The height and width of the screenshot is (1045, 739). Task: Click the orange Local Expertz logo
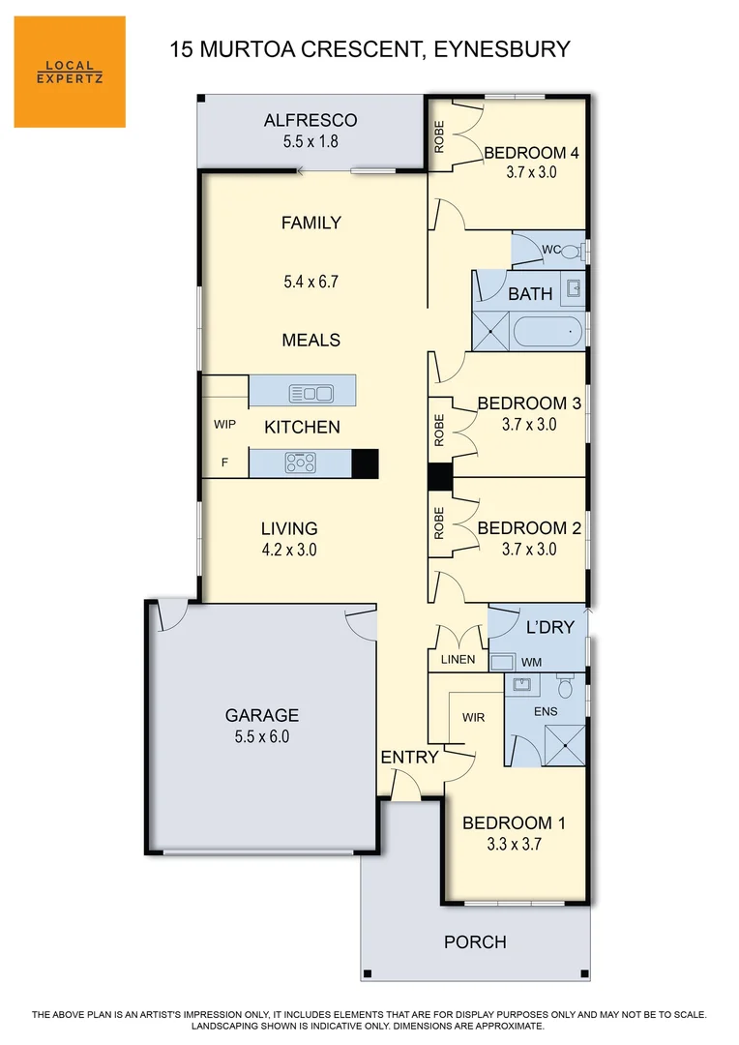coord(70,72)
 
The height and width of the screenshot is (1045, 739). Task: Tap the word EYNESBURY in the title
coord(503,49)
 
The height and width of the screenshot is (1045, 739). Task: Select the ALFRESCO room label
coord(310,121)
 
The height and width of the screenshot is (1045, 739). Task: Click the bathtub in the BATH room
coord(547,333)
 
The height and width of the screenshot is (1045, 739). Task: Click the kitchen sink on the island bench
coord(311,393)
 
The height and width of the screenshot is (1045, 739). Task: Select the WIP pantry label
coord(224,425)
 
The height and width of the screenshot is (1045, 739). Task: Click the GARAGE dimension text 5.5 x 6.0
coord(262,736)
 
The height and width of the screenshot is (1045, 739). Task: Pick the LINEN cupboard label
coord(458,660)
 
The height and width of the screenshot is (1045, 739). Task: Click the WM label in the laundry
coord(531,662)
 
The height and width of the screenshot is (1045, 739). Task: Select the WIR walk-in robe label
coord(473,718)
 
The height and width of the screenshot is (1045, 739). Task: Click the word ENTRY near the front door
coord(409,757)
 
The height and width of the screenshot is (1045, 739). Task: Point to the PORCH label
coord(475,941)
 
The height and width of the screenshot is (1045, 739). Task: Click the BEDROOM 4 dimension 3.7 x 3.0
coord(531,173)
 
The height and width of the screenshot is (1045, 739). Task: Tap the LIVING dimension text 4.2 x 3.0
coord(289,550)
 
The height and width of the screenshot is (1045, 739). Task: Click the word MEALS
coord(311,340)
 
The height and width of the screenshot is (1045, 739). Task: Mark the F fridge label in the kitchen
coord(224,463)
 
